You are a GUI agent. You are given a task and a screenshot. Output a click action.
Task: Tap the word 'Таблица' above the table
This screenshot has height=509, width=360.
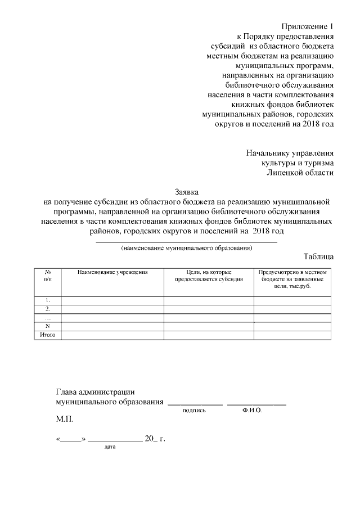tap(318, 256)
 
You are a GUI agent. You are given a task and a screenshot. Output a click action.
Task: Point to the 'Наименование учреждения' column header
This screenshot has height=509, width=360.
tap(112, 272)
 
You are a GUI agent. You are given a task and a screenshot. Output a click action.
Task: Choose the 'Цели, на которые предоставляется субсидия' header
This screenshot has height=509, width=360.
tap(209, 276)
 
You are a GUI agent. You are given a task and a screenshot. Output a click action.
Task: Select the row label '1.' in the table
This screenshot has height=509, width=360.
tap(47, 300)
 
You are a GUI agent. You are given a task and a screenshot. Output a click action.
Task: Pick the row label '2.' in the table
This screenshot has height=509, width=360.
tap(47, 309)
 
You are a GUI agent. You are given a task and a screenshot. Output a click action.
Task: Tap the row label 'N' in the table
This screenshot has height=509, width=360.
tap(47, 326)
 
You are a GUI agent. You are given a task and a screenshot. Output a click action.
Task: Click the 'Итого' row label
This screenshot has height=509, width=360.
tap(47, 335)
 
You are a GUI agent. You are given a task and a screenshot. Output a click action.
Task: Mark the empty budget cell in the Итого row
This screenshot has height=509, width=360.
tap(292, 335)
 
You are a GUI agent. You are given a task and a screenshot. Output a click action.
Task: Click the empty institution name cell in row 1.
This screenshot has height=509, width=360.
tap(112, 300)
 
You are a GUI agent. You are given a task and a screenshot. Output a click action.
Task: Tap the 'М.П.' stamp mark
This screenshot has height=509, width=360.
tap(65, 420)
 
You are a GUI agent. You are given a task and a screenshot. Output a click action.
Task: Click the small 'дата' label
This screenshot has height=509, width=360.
tap(110, 448)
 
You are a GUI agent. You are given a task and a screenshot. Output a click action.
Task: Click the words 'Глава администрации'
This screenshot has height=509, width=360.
tap(96, 392)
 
